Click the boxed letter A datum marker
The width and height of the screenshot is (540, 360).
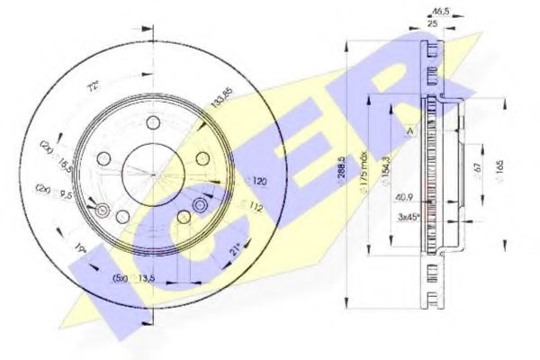(410, 131)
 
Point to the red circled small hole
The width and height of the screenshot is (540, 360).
(101, 212)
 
